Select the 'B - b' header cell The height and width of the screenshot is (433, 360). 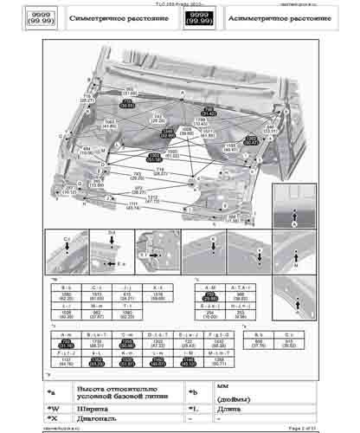pos(67,286)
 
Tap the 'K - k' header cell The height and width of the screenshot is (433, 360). pos(157,286)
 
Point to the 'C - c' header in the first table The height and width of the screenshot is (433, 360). pos(97,286)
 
